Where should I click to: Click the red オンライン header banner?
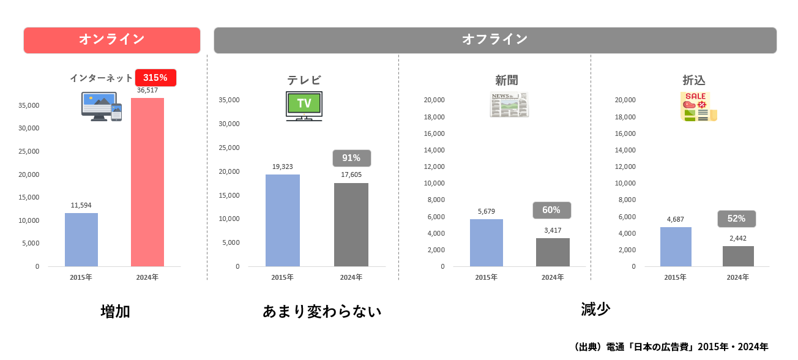click(112, 40)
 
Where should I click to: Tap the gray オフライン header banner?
click(494, 40)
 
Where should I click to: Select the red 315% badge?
click(155, 78)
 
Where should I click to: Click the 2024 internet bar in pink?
click(147, 182)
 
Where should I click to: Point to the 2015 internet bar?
click(81, 239)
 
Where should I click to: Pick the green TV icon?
click(304, 105)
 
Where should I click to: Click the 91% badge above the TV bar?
click(351, 158)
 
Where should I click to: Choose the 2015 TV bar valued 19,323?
click(283, 220)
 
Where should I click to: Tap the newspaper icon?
click(509, 105)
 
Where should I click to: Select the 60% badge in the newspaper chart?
click(551, 210)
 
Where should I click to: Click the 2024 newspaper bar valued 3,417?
click(553, 252)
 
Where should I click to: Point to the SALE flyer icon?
click(698, 107)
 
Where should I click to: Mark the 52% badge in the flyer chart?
click(736, 219)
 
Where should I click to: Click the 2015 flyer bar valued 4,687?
click(676, 246)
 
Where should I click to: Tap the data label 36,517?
click(147, 91)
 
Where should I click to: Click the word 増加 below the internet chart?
click(115, 311)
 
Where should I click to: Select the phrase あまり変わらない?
click(322, 311)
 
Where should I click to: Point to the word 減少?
click(595, 309)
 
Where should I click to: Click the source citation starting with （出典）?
click(671, 347)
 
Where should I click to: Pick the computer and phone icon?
click(102, 107)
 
